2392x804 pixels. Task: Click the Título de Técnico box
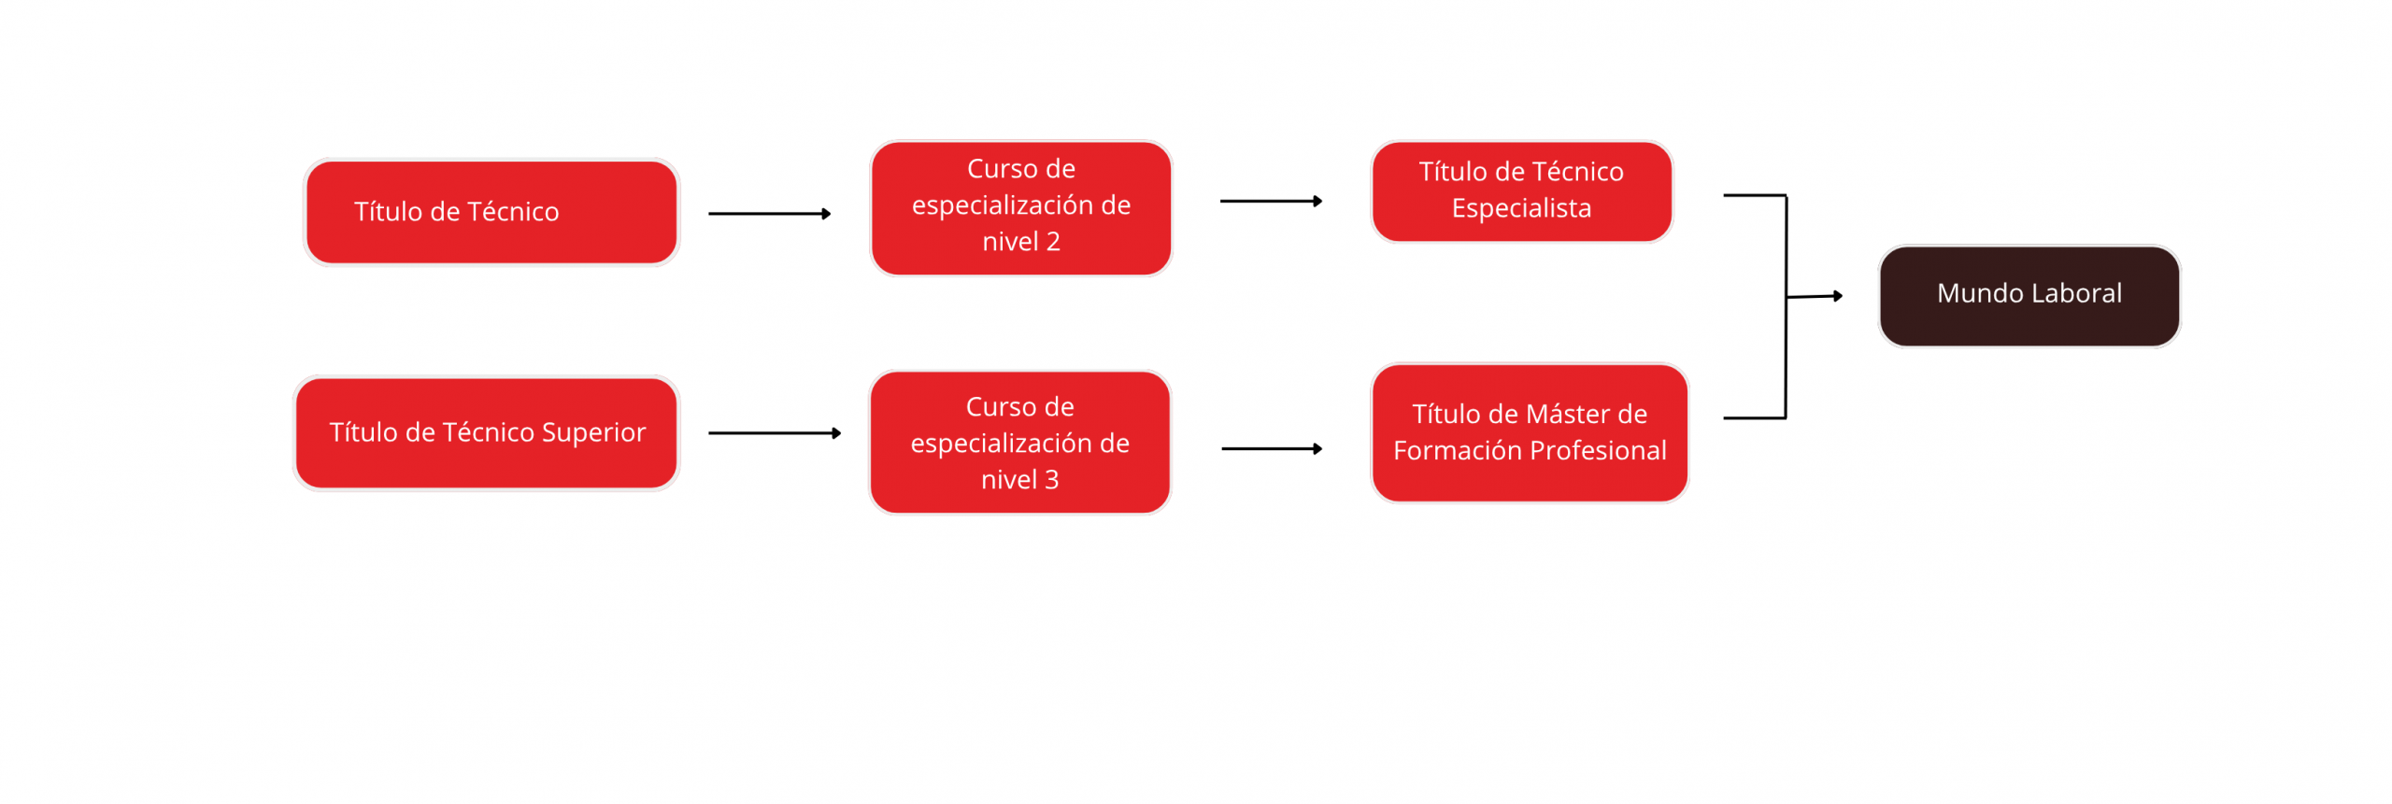click(x=491, y=212)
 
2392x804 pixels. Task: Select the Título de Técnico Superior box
click(x=486, y=433)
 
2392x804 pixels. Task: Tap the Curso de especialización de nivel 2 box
click(x=1020, y=208)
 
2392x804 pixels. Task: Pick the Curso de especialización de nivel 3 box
click(x=1019, y=443)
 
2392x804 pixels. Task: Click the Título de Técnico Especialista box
click(x=1521, y=191)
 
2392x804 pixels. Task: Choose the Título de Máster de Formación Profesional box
click(x=1530, y=433)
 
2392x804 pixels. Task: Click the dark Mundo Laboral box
click(x=2029, y=296)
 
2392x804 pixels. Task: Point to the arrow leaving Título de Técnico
click(x=770, y=214)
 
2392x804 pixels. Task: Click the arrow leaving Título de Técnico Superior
click(x=775, y=433)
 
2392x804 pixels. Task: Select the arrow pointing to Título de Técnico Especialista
click(x=1272, y=201)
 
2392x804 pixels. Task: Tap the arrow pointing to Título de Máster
click(x=1273, y=449)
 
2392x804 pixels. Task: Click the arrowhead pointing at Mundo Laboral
click(x=1838, y=296)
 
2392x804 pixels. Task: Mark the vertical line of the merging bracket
click(x=1787, y=306)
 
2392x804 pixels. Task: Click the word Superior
click(x=593, y=432)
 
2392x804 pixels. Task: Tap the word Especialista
click(x=1521, y=208)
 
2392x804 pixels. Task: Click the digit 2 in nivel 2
click(x=1053, y=242)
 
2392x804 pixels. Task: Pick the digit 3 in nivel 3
click(x=1052, y=480)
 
